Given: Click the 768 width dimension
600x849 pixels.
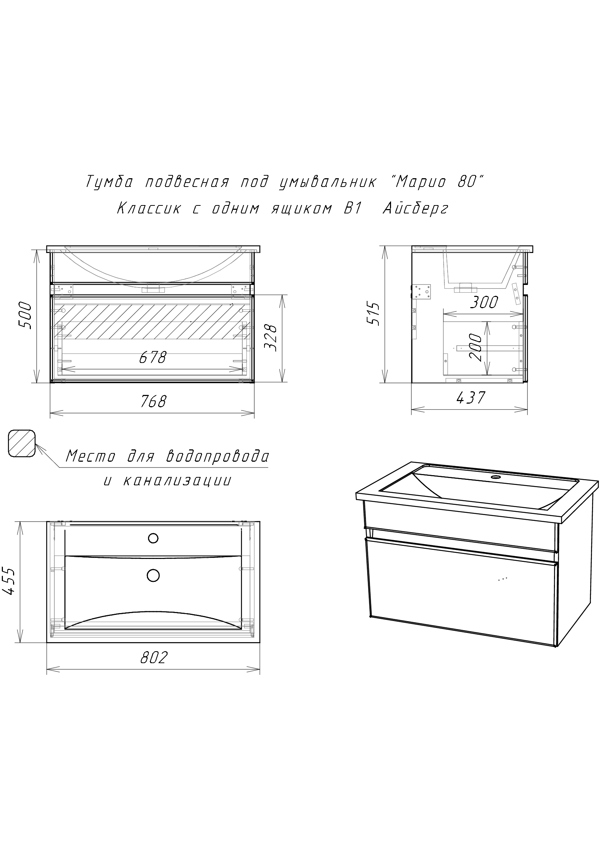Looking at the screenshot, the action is (153, 401).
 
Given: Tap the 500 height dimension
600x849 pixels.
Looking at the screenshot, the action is (25, 315).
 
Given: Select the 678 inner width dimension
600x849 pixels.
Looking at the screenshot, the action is (153, 357).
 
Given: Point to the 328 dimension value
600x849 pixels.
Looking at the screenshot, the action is (271, 338).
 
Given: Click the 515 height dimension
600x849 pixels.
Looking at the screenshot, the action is (374, 314).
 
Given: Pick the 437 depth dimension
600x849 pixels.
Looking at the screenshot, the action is (470, 397).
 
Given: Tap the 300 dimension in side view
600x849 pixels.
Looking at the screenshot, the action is (484, 302).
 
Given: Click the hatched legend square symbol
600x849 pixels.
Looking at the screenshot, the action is (22, 443).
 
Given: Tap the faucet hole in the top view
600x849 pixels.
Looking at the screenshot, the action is (153, 538).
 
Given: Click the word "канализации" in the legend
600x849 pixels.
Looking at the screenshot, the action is (177, 480).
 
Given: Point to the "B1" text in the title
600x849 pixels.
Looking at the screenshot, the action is (352, 209).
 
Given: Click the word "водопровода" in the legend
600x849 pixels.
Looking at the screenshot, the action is (218, 457).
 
